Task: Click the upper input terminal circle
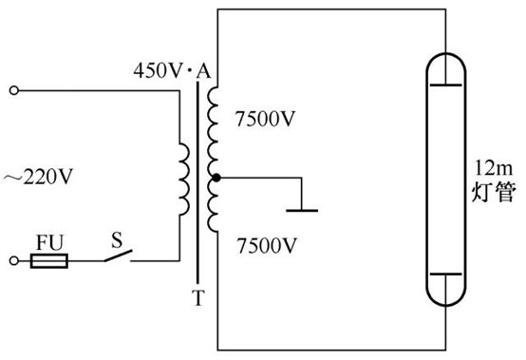14,91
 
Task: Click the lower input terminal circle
14,259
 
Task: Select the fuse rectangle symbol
50,259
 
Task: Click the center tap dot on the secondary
216,178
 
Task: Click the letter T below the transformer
197,298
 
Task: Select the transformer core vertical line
197,180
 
